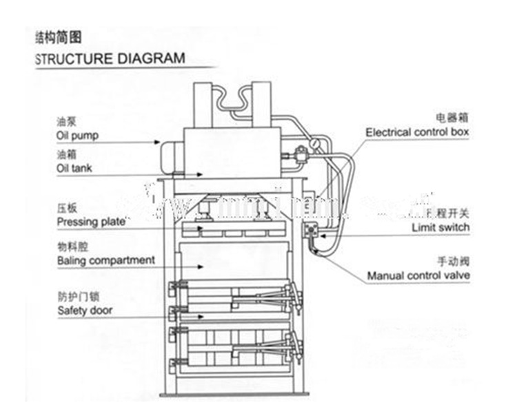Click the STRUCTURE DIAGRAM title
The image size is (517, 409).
[x=110, y=57]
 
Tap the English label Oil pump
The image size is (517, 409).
[x=77, y=136]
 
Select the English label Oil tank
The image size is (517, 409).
[x=74, y=167]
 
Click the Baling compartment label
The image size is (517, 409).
[x=105, y=260]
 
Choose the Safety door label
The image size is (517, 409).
[x=84, y=311]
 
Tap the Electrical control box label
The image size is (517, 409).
[x=417, y=132]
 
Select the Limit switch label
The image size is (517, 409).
[x=440, y=227]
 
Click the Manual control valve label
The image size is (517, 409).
[x=418, y=276]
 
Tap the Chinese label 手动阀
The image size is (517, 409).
[x=453, y=262]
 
